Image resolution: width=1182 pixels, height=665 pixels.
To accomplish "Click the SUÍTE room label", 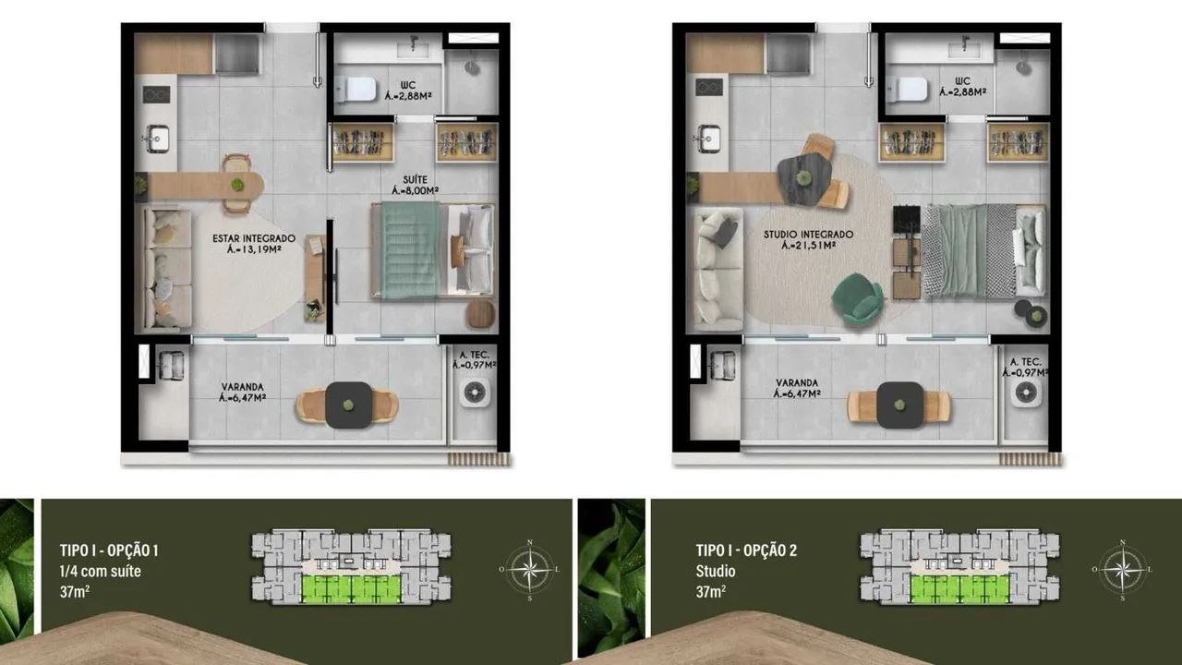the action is [x=416, y=180].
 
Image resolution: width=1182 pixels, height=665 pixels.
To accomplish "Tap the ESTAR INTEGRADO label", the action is [x=254, y=238].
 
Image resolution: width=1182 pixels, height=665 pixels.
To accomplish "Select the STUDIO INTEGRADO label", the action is [x=808, y=235].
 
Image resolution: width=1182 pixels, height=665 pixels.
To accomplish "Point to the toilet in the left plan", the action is [x=356, y=89].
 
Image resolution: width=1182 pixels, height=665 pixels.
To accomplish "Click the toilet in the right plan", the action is [x=908, y=89].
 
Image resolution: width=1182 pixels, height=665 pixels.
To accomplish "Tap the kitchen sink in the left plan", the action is [x=157, y=139].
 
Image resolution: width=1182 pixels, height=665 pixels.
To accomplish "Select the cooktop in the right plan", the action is [x=708, y=87].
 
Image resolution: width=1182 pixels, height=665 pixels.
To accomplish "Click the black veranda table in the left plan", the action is [x=349, y=405].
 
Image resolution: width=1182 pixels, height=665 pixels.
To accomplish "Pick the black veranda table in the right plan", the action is [x=900, y=405].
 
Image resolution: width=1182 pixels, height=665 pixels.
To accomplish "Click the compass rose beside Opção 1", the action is [x=530, y=570].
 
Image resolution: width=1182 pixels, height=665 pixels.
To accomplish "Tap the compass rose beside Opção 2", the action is [x=1122, y=570].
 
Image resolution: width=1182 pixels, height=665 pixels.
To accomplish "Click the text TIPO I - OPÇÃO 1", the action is [x=109, y=550].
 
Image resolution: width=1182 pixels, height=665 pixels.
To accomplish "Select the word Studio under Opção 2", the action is [x=716, y=571].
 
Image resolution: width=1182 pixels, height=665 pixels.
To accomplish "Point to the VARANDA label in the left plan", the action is [x=242, y=387].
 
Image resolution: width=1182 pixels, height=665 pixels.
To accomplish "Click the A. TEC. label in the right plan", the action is [x=1025, y=361].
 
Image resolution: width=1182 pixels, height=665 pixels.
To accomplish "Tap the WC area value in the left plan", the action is [x=408, y=96].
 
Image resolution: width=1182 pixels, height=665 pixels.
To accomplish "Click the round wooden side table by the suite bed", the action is [x=480, y=314].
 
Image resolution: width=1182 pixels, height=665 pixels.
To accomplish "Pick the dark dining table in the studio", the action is [x=804, y=179].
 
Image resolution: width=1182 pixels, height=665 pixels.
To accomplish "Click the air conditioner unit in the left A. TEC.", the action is [x=474, y=393].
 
